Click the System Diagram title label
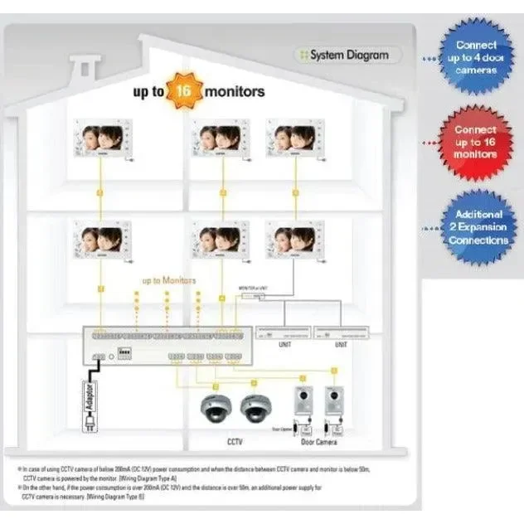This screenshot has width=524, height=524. (x=349, y=56)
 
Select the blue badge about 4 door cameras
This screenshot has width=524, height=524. (x=476, y=57)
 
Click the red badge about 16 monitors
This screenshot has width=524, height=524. (x=476, y=142)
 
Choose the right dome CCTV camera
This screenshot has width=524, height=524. (x=259, y=407)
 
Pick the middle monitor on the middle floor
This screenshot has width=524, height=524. (x=220, y=240)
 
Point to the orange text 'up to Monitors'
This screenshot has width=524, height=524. (x=168, y=281)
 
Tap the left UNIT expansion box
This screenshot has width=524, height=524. (x=284, y=332)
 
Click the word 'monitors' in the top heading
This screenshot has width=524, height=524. (x=235, y=90)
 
